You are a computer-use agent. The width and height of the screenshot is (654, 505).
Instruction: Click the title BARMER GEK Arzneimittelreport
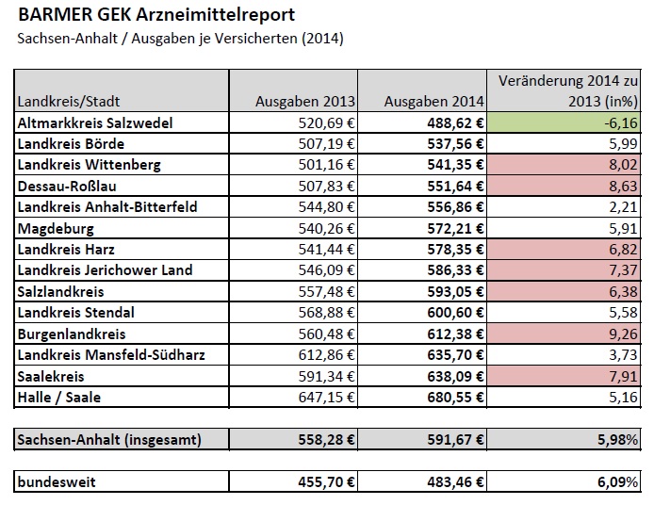point(156,15)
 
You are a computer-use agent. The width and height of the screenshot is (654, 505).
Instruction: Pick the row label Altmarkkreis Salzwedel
point(108,122)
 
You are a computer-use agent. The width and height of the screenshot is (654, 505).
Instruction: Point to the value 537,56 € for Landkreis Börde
point(448,144)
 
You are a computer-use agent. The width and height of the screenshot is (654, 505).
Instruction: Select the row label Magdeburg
point(57,228)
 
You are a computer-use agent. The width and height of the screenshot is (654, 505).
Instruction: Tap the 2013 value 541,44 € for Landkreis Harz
point(320,249)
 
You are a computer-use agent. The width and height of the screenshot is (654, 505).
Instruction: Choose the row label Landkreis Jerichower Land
point(105,270)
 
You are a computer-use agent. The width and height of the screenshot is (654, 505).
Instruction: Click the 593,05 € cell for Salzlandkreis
point(448,291)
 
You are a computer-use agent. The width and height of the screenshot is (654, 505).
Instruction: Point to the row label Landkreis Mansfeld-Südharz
point(110,354)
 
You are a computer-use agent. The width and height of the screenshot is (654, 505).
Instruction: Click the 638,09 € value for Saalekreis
point(448,376)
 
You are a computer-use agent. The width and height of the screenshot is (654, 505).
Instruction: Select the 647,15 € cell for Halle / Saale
point(320,397)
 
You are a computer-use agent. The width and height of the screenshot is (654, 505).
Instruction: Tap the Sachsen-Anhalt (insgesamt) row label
point(110,439)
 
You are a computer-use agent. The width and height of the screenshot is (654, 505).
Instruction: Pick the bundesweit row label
point(57,482)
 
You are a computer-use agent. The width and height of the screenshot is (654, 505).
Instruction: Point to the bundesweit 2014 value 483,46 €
point(448,482)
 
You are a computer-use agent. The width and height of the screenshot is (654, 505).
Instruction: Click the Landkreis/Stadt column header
point(69,101)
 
